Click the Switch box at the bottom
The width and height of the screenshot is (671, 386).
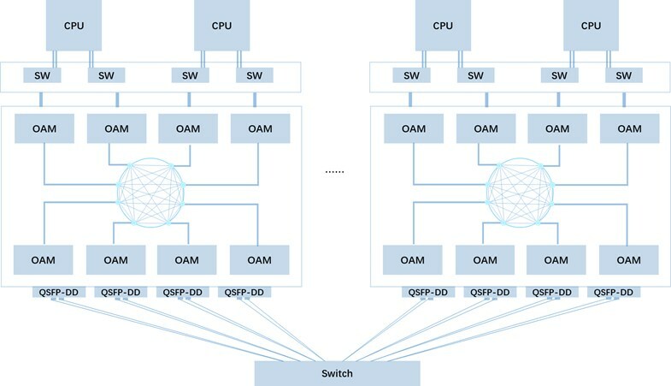click(338, 373)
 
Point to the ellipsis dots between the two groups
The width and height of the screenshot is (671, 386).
click(335, 172)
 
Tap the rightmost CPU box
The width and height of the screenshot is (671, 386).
click(592, 25)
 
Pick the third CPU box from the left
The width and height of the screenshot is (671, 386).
click(443, 25)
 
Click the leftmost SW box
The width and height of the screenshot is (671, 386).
click(44, 75)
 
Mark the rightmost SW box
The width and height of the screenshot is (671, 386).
click(623, 75)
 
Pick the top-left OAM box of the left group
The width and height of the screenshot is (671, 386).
click(43, 128)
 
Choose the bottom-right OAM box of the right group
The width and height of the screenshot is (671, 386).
click(628, 258)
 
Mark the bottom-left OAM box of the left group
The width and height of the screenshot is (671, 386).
click(43, 258)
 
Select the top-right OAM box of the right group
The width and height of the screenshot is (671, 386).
click(628, 128)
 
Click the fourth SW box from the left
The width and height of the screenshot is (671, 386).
click(255, 75)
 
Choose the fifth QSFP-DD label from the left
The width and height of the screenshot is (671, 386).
click(426, 292)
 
